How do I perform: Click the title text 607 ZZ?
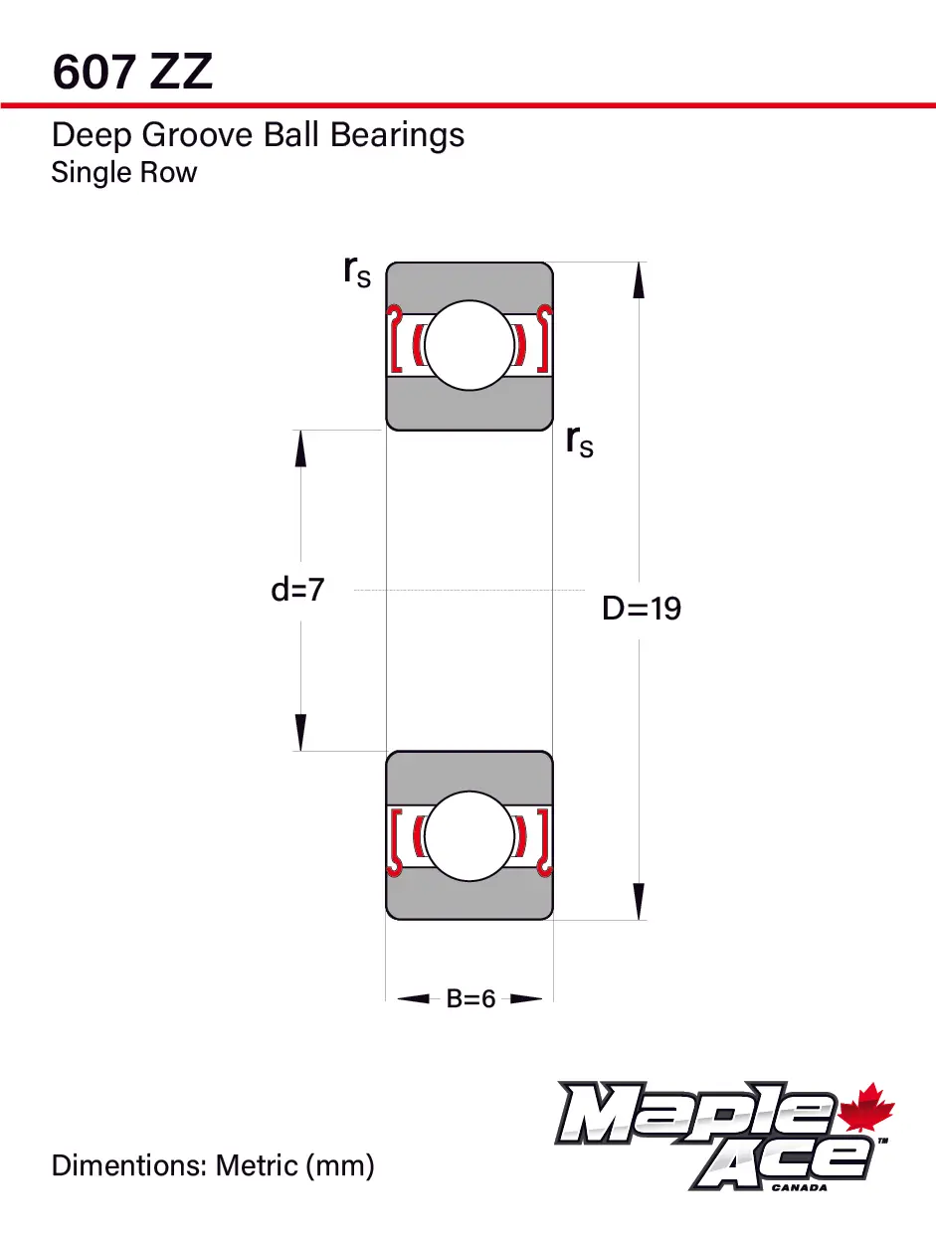(132, 72)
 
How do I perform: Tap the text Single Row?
(124, 172)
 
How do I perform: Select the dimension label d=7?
(297, 590)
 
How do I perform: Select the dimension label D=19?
(642, 609)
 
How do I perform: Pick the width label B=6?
(470, 998)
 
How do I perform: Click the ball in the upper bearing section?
(469, 345)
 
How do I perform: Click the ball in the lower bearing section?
(469, 835)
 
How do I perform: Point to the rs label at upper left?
(356, 269)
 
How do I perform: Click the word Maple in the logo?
(696, 1113)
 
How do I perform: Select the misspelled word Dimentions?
(129, 1164)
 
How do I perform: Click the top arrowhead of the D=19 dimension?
(639, 279)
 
